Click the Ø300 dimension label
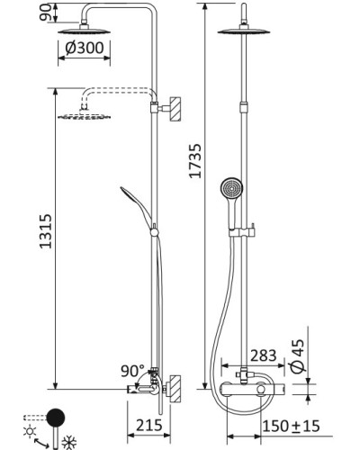click(85, 48)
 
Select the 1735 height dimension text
click(195, 161)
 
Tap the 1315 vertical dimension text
click(46, 231)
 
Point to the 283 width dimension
click(264, 355)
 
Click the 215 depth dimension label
click(149, 425)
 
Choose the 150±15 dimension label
click(292, 426)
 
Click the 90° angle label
click(132, 371)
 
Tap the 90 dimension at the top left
click(45, 13)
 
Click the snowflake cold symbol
click(69, 443)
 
